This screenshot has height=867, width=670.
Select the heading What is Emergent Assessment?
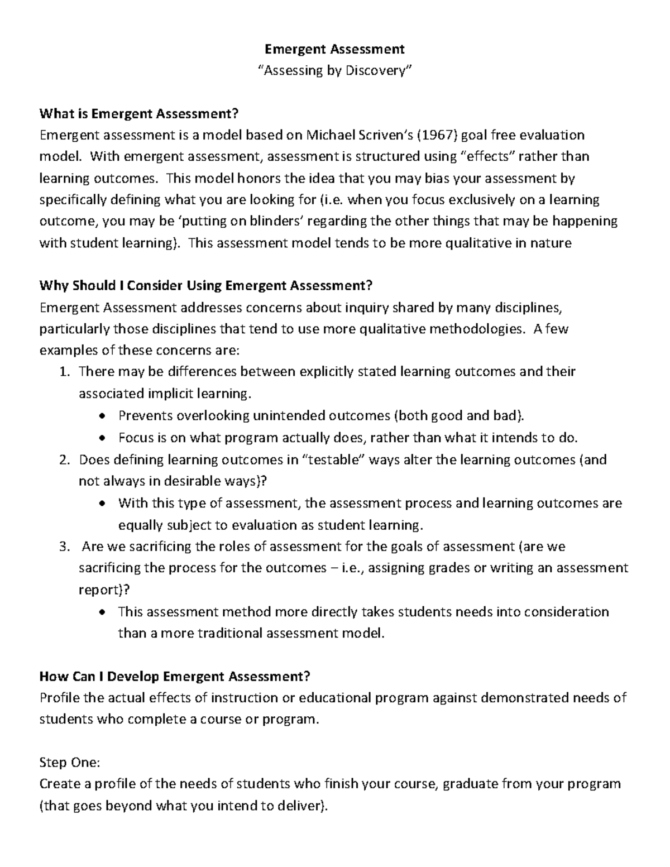point(139,114)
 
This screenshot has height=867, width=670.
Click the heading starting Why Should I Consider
point(205,286)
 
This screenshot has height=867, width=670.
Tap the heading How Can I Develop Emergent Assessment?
point(174,676)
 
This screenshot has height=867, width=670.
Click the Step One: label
point(69,763)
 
